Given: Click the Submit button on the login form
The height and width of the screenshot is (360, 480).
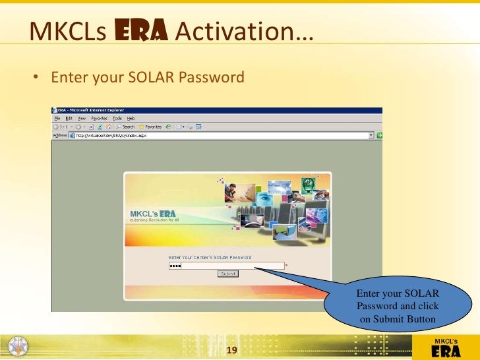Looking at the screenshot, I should click(x=228, y=274).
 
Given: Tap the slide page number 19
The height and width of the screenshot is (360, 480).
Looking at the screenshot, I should click(x=231, y=349).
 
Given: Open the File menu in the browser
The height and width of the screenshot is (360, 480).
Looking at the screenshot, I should click(x=57, y=118).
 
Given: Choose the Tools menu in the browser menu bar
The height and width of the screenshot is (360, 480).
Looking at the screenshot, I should click(x=117, y=118).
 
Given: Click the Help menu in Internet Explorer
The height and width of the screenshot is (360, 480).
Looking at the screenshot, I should click(x=131, y=118).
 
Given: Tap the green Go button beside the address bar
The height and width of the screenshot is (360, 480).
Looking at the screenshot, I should click(x=380, y=135).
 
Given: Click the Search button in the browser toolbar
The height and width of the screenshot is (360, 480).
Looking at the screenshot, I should click(x=125, y=127).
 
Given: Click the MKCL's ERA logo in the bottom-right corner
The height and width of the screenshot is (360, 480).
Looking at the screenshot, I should click(x=445, y=347).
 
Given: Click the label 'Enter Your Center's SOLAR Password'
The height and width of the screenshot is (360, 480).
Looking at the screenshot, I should click(x=210, y=258).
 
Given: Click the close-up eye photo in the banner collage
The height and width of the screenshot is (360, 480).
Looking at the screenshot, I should click(x=264, y=198).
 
